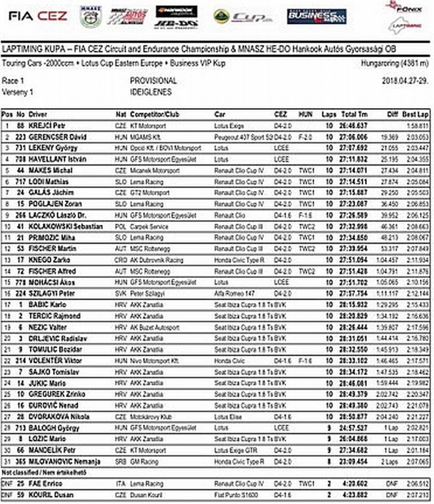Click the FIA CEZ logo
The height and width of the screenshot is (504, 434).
38,16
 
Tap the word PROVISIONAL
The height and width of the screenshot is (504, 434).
153,81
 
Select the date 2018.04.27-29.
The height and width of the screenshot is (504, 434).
406,81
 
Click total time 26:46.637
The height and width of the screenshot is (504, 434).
355,125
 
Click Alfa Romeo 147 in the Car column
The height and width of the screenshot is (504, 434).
233,293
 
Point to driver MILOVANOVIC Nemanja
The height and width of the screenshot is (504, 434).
64,462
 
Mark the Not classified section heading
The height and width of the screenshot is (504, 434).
37,472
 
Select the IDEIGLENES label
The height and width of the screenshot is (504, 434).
150,92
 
